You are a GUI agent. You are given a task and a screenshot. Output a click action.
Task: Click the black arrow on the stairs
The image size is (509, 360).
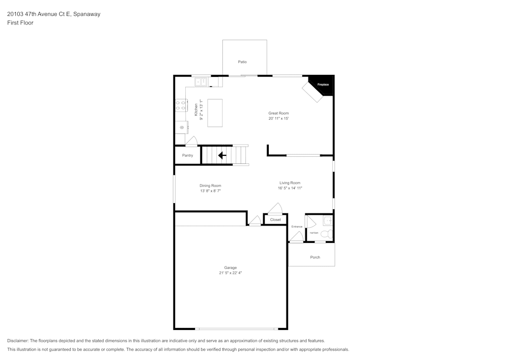(x=222, y=155)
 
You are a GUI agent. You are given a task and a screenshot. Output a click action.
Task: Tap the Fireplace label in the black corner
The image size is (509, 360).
(x=323, y=84)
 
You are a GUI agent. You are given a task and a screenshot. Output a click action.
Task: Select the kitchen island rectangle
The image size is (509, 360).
(x=215, y=113)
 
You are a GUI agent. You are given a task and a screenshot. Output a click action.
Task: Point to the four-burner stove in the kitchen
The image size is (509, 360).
(x=180, y=105)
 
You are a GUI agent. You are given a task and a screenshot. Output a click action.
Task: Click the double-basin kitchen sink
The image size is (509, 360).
(x=201, y=81)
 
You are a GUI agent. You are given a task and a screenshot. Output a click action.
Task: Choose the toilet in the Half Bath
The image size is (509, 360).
(x=328, y=234)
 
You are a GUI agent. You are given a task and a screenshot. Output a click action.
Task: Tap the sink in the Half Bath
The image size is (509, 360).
(x=328, y=220)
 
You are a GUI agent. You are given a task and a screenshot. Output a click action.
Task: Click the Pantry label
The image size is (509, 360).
(x=187, y=155)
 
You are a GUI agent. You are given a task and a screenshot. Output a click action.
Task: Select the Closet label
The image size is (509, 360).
(x=275, y=220)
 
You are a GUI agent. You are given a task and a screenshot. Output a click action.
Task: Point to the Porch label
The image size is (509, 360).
(x=315, y=257)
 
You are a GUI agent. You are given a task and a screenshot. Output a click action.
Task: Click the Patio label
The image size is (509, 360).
(x=242, y=62)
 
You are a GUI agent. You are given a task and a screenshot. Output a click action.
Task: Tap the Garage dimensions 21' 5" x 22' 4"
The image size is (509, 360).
(x=231, y=273)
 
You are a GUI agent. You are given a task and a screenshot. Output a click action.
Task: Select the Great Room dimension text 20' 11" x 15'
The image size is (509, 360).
(x=278, y=119)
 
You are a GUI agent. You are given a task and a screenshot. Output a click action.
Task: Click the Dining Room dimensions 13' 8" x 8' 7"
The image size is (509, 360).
(x=210, y=191)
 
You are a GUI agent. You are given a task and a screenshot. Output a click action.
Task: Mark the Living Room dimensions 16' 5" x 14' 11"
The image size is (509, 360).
(x=290, y=188)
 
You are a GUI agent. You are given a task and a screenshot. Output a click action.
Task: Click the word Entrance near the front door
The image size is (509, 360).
(x=297, y=227)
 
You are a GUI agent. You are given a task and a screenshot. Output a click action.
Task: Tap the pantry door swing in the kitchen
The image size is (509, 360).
(x=191, y=142)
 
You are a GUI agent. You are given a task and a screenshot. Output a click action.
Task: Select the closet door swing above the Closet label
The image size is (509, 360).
(x=275, y=208)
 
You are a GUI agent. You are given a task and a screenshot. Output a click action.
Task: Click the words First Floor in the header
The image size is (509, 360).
(x=20, y=23)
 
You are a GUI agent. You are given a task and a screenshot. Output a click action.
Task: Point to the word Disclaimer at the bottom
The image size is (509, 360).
(x=18, y=341)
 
